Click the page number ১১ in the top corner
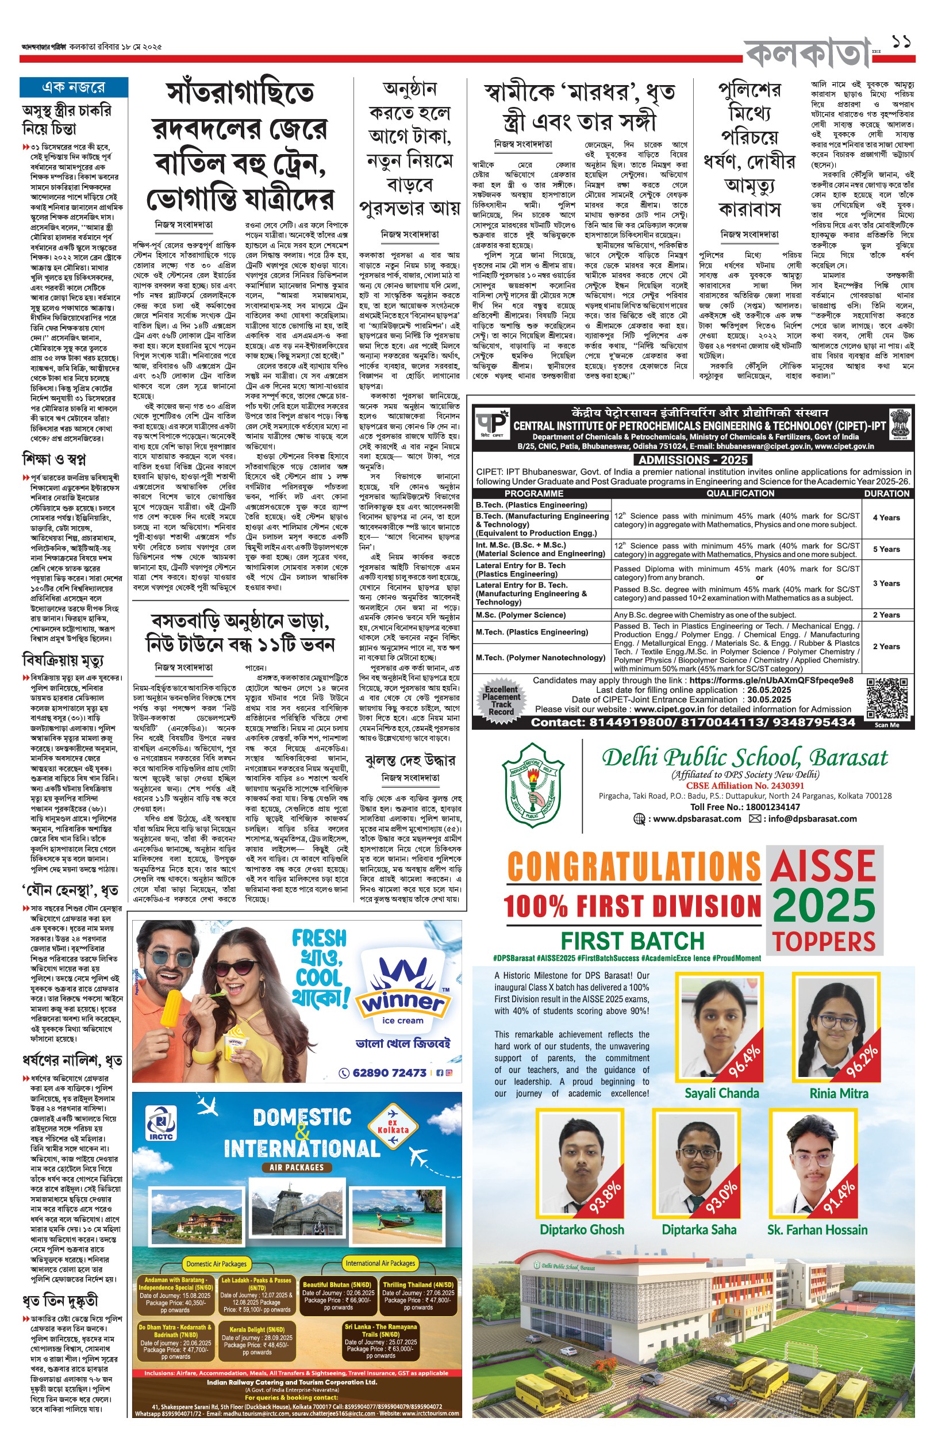(902, 43)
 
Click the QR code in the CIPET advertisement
(887, 698)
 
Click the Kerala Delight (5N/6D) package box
(257, 1341)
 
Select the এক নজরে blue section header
(74, 87)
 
